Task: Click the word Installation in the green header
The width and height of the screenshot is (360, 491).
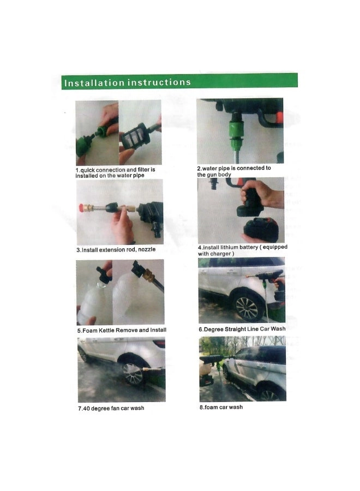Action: (94, 83)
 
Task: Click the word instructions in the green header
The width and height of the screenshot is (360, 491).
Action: (159, 82)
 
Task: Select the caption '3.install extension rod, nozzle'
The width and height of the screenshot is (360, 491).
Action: (116, 249)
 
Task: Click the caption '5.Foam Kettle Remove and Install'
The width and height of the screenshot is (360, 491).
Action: (121, 330)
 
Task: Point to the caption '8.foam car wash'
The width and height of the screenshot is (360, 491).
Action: (221, 407)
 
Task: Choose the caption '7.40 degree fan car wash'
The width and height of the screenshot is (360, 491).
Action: (111, 408)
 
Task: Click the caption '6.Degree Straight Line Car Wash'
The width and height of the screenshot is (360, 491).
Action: (241, 329)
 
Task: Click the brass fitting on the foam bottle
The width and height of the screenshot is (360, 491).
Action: (147, 275)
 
